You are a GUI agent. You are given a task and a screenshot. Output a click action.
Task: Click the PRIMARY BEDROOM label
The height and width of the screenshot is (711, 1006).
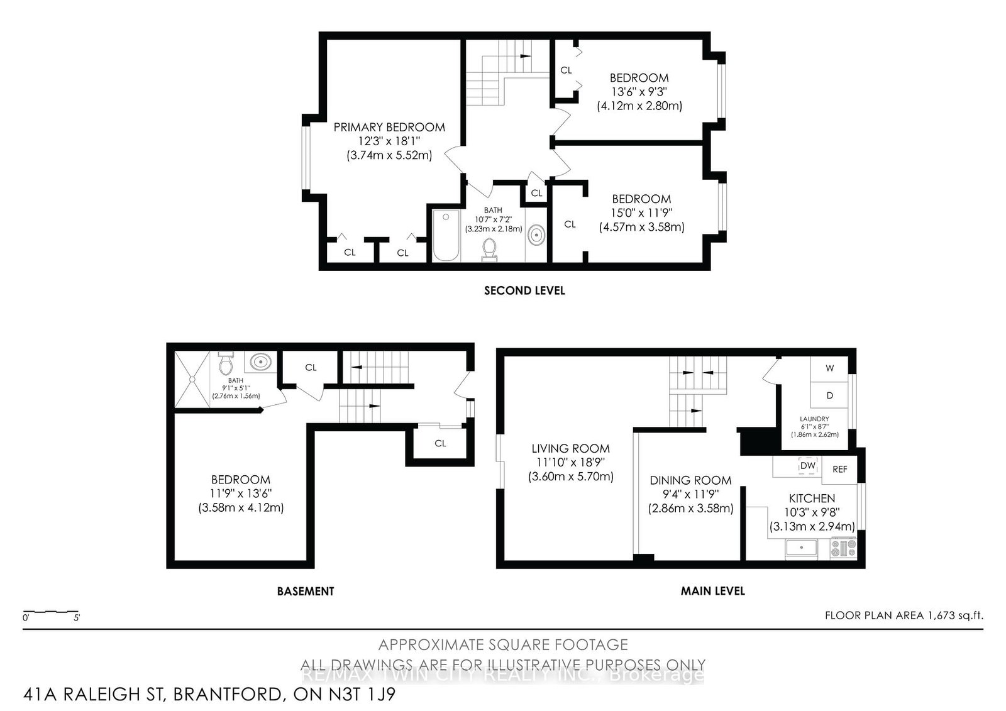pyautogui.click(x=389, y=127)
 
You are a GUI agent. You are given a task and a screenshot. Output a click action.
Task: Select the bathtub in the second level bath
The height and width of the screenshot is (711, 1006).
pyautogui.click(x=446, y=236)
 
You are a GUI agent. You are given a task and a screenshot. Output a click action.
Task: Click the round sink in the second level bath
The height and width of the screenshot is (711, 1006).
pyautogui.click(x=536, y=236)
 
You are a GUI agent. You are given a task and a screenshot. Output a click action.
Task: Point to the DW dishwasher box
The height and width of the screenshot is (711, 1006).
pyautogui.click(x=807, y=466)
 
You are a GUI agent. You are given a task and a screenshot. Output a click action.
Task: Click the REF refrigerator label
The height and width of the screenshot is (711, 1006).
pyautogui.click(x=840, y=469)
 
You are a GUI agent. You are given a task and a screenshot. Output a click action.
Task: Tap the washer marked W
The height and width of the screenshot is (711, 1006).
pyautogui.click(x=829, y=368)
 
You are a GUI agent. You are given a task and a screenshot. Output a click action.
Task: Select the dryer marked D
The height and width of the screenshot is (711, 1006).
pyautogui.click(x=829, y=395)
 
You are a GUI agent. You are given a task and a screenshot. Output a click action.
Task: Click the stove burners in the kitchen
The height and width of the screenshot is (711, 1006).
pyautogui.click(x=843, y=549)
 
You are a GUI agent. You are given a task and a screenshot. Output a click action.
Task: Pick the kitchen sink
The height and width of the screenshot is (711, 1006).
pyautogui.click(x=801, y=548)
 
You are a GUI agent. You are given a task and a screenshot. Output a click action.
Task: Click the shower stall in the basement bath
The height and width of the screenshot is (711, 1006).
pyautogui.click(x=190, y=380)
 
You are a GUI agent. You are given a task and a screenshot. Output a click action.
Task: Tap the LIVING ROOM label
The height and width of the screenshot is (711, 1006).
pyautogui.click(x=570, y=448)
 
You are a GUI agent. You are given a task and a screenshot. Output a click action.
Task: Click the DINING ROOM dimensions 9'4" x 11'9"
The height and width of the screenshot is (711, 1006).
pyautogui.click(x=690, y=495)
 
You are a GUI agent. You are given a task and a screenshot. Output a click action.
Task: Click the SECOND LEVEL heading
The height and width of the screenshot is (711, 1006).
pyautogui.click(x=524, y=290)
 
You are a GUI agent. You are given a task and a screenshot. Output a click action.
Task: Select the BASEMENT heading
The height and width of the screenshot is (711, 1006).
pyautogui.click(x=306, y=591)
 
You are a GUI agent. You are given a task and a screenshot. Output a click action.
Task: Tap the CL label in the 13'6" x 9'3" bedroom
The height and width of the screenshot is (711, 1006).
pyautogui.click(x=566, y=70)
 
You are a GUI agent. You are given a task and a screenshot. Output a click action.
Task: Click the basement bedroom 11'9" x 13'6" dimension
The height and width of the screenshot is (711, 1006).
pyautogui.click(x=241, y=493)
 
